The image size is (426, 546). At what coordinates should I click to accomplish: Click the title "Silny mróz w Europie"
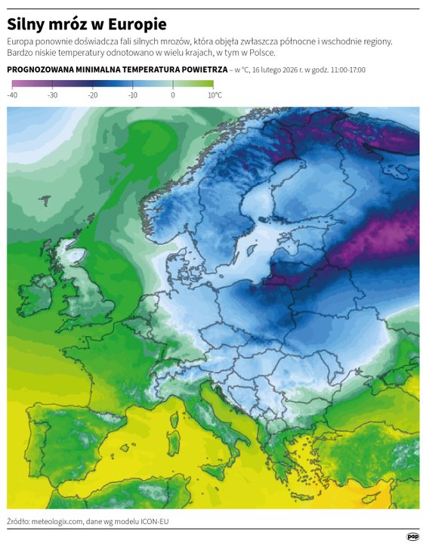(x=87, y=24)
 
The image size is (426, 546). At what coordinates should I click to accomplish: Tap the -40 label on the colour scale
(x=12, y=95)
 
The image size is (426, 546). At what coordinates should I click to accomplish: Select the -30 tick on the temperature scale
(x=52, y=95)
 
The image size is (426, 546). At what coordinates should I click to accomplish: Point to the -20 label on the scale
(x=92, y=95)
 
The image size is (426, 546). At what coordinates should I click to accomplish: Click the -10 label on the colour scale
(x=132, y=95)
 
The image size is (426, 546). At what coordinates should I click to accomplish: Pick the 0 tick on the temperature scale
(x=173, y=95)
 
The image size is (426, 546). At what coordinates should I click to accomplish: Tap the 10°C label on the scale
(x=215, y=95)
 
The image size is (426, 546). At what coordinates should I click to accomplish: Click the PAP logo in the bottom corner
(x=412, y=537)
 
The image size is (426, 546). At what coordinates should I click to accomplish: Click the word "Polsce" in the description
(x=261, y=54)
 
